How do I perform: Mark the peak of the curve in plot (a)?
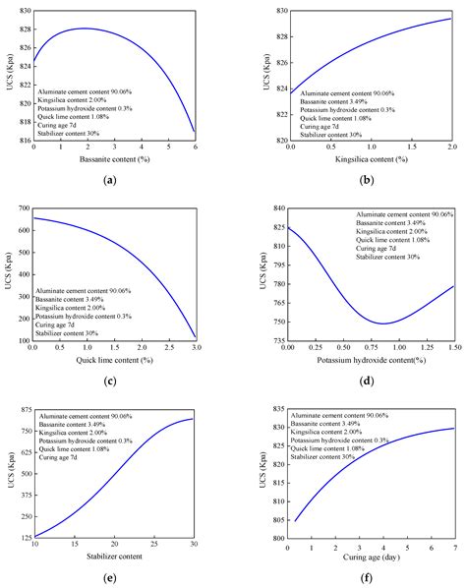pyautogui.click(x=86, y=29)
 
